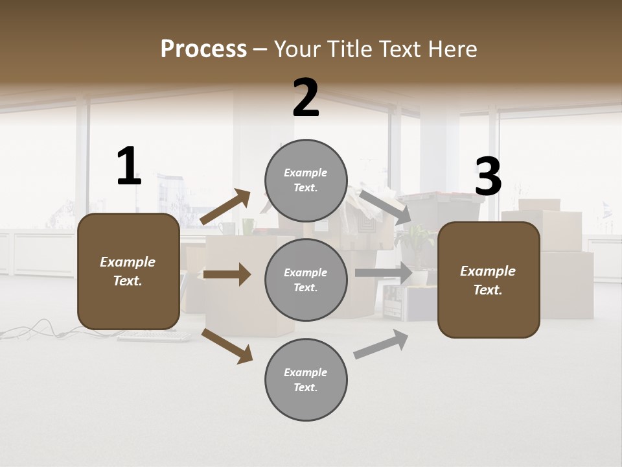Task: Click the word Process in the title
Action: [203, 49]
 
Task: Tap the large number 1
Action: [128, 167]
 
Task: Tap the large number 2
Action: [306, 98]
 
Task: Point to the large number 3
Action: [488, 177]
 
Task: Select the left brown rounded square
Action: [128, 271]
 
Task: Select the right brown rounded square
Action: [489, 280]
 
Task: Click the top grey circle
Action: [306, 180]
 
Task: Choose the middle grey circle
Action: [306, 280]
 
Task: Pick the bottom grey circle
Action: [306, 379]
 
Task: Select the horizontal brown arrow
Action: [227, 274]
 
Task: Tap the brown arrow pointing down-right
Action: [227, 346]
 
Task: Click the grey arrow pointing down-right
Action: [385, 207]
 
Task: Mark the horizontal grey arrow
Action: [384, 273]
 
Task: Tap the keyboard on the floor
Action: [154, 337]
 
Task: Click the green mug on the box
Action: [249, 226]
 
